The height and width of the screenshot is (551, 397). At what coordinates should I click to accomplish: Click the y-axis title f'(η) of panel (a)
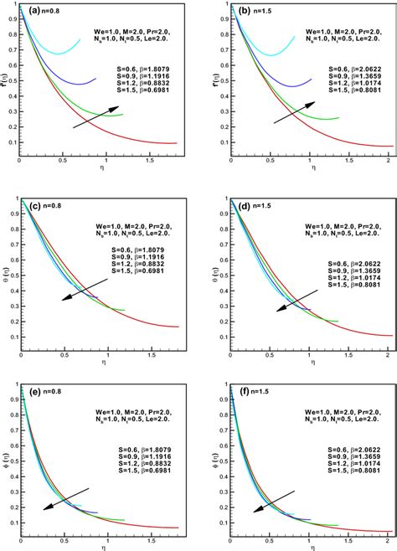pyautogui.click(x=7, y=83)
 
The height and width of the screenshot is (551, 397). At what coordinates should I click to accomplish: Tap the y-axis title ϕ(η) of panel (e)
pyautogui.click(x=7, y=456)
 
